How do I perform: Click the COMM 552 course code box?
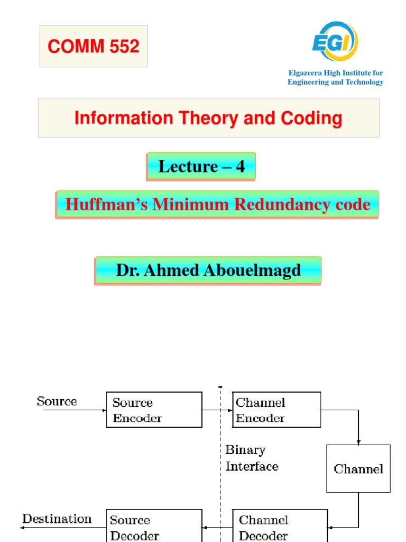click(94, 47)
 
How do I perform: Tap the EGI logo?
click(335, 42)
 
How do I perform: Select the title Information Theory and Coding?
click(208, 118)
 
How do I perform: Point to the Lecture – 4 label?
click(201, 167)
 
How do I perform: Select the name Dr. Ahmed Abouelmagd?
click(208, 270)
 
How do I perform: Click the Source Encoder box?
click(154, 410)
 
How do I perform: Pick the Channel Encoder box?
click(276, 410)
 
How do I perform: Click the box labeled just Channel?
click(358, 468)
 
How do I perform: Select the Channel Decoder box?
click(280, 526)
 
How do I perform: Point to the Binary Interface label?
click(251, 458)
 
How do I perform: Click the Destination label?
click(57, 519)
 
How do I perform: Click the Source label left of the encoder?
click(57, 401)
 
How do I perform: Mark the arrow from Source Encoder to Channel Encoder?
click(217, 410)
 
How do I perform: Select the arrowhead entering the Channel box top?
click(358, 442)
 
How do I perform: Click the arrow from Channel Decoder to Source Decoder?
click(217, 527)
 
